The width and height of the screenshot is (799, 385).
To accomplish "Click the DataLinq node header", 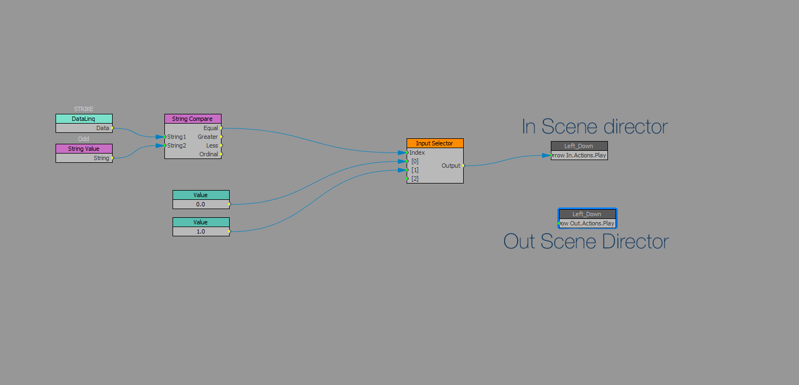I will pos(84,119).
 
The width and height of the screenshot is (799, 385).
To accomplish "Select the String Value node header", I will pos(84,149).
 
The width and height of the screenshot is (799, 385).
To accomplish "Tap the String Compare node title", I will pos(193,119).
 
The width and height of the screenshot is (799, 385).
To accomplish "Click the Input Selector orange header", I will pos(434,143).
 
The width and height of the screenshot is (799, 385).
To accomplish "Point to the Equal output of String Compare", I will pos(211,128).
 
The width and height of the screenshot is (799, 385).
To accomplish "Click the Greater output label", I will pos(208,137).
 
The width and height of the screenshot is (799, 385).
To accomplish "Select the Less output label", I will pos(212,145).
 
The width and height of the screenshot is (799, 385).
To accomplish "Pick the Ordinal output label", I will pos(208,154).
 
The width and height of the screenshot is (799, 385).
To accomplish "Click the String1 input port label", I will pos(177,137).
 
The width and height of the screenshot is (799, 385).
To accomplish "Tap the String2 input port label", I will pos(177,145).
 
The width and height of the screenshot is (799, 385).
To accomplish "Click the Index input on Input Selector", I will pos(417,152).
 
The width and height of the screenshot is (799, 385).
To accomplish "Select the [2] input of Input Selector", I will pos(415,179).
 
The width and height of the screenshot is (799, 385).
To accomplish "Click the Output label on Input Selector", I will pos(451,166).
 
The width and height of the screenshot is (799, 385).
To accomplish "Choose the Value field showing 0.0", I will pos(201,204).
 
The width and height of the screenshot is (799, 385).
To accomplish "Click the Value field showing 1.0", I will pos(201,231).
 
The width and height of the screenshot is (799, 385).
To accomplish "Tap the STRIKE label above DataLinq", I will pos(84,109).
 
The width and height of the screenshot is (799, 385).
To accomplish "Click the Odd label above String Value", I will pos(84,139).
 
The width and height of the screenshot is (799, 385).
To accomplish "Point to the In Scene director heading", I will pos(594,127).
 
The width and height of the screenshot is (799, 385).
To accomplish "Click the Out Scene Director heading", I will pos(586,241).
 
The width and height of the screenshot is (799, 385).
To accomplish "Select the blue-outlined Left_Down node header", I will pos(587,214).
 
